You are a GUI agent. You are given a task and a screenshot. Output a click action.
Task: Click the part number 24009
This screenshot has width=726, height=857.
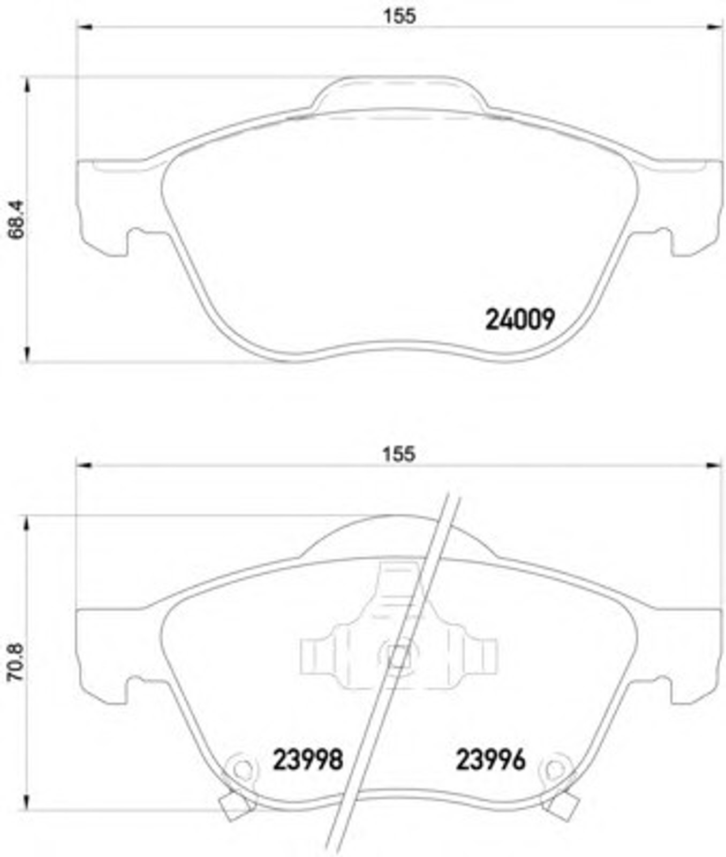pyautogui.click(x=520, y=320)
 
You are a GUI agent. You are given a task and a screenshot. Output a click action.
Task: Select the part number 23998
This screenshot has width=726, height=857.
pyautogui.click(x=308, y=760)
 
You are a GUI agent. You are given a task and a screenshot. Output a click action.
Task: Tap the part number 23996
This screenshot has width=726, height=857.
pyautogui.click(x=490, y=760)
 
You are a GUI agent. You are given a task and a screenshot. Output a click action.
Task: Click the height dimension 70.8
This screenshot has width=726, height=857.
pyautogui.click(x=16, y=662)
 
